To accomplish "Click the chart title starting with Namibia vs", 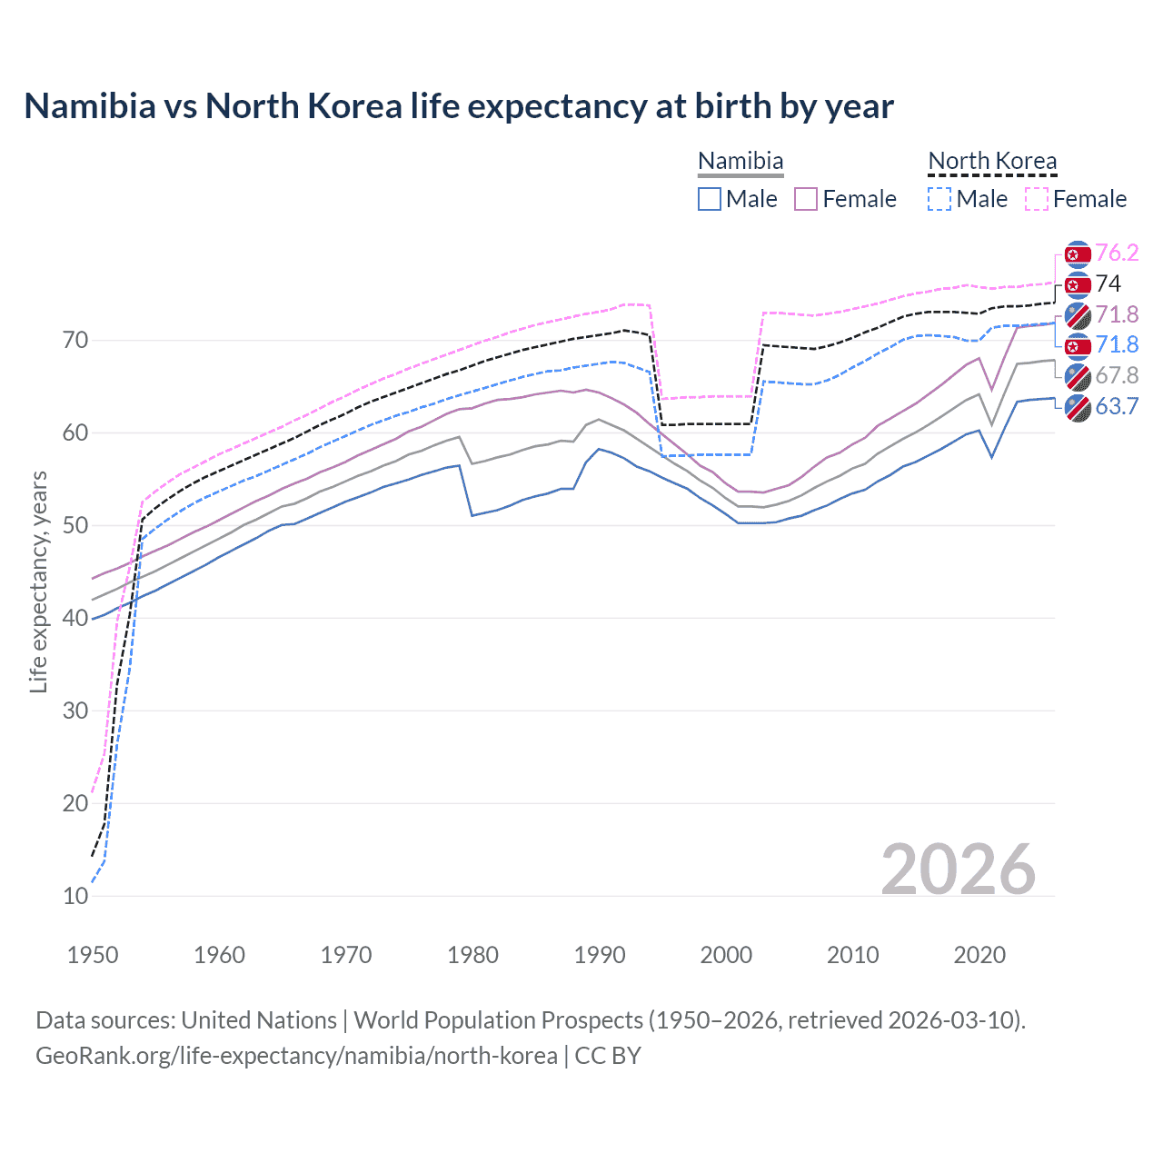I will pos(459,106).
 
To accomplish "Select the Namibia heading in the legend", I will pos(741,161).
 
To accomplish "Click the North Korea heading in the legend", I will pos(992,161).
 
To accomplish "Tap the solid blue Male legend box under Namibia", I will pos(710,199).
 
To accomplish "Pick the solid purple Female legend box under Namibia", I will pos(806,199).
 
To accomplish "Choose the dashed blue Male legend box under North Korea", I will pos(939,199).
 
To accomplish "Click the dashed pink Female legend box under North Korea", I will pos(1037,199).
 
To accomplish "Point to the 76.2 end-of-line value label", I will pos(1117,253).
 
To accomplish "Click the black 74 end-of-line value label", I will pos(1108,283).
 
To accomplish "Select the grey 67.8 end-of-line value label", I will pos(1117,375).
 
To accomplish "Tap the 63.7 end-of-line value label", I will pos(1117,406).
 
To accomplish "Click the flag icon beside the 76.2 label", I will pos(1078,254).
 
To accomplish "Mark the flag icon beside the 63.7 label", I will pos(1078,408).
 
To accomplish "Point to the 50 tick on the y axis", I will pos(75,525).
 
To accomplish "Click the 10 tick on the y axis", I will pos(75,896).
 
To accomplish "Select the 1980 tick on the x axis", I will pos(472,955).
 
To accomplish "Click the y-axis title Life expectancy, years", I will pos(38,581).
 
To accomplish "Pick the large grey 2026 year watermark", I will pos(958,870).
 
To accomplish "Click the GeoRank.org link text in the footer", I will pos(296,1056).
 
